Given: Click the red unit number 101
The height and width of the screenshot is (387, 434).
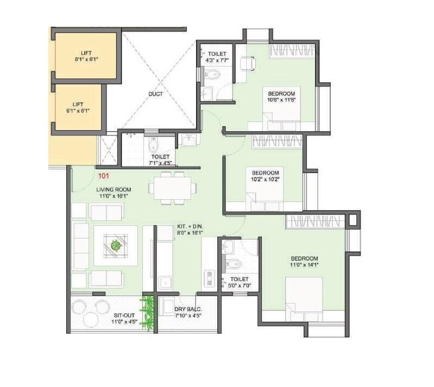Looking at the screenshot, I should [103, 176].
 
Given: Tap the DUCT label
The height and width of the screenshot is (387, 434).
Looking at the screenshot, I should [155, 94].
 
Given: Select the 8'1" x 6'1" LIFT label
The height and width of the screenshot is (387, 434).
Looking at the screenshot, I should [86, 53].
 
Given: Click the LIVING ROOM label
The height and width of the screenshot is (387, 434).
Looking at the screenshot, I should [112, 189].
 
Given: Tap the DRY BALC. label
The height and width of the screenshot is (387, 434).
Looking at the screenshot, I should [188, 310].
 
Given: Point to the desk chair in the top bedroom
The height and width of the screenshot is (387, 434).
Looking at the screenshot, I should [247, 64].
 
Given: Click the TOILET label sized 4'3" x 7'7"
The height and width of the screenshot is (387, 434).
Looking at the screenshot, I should [217, 54].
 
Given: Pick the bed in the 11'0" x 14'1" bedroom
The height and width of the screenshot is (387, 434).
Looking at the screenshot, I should [305, 299].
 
